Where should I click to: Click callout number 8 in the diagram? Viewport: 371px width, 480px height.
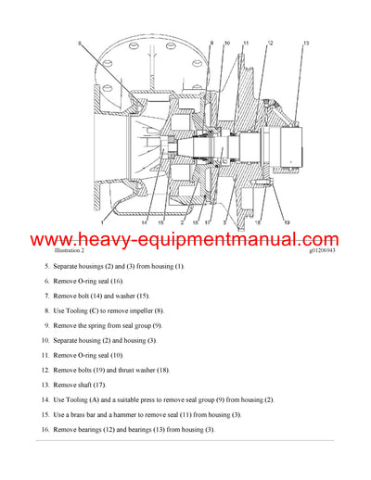tap(79, 44)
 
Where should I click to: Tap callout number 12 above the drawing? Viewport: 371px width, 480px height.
tap(269, 44)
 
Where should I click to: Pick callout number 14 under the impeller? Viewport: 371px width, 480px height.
tap(144, 222)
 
